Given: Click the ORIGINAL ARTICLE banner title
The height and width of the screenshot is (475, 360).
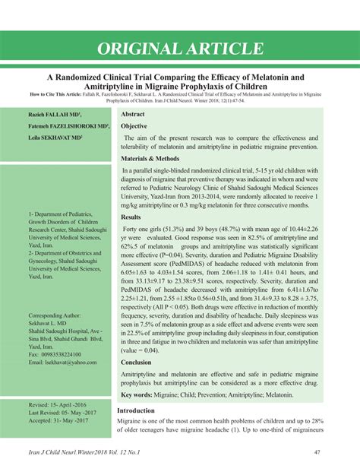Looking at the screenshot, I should (180, 49).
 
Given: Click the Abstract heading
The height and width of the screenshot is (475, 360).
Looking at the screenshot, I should (134, 113).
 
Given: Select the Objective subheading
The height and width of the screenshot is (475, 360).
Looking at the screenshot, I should (134, 125).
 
